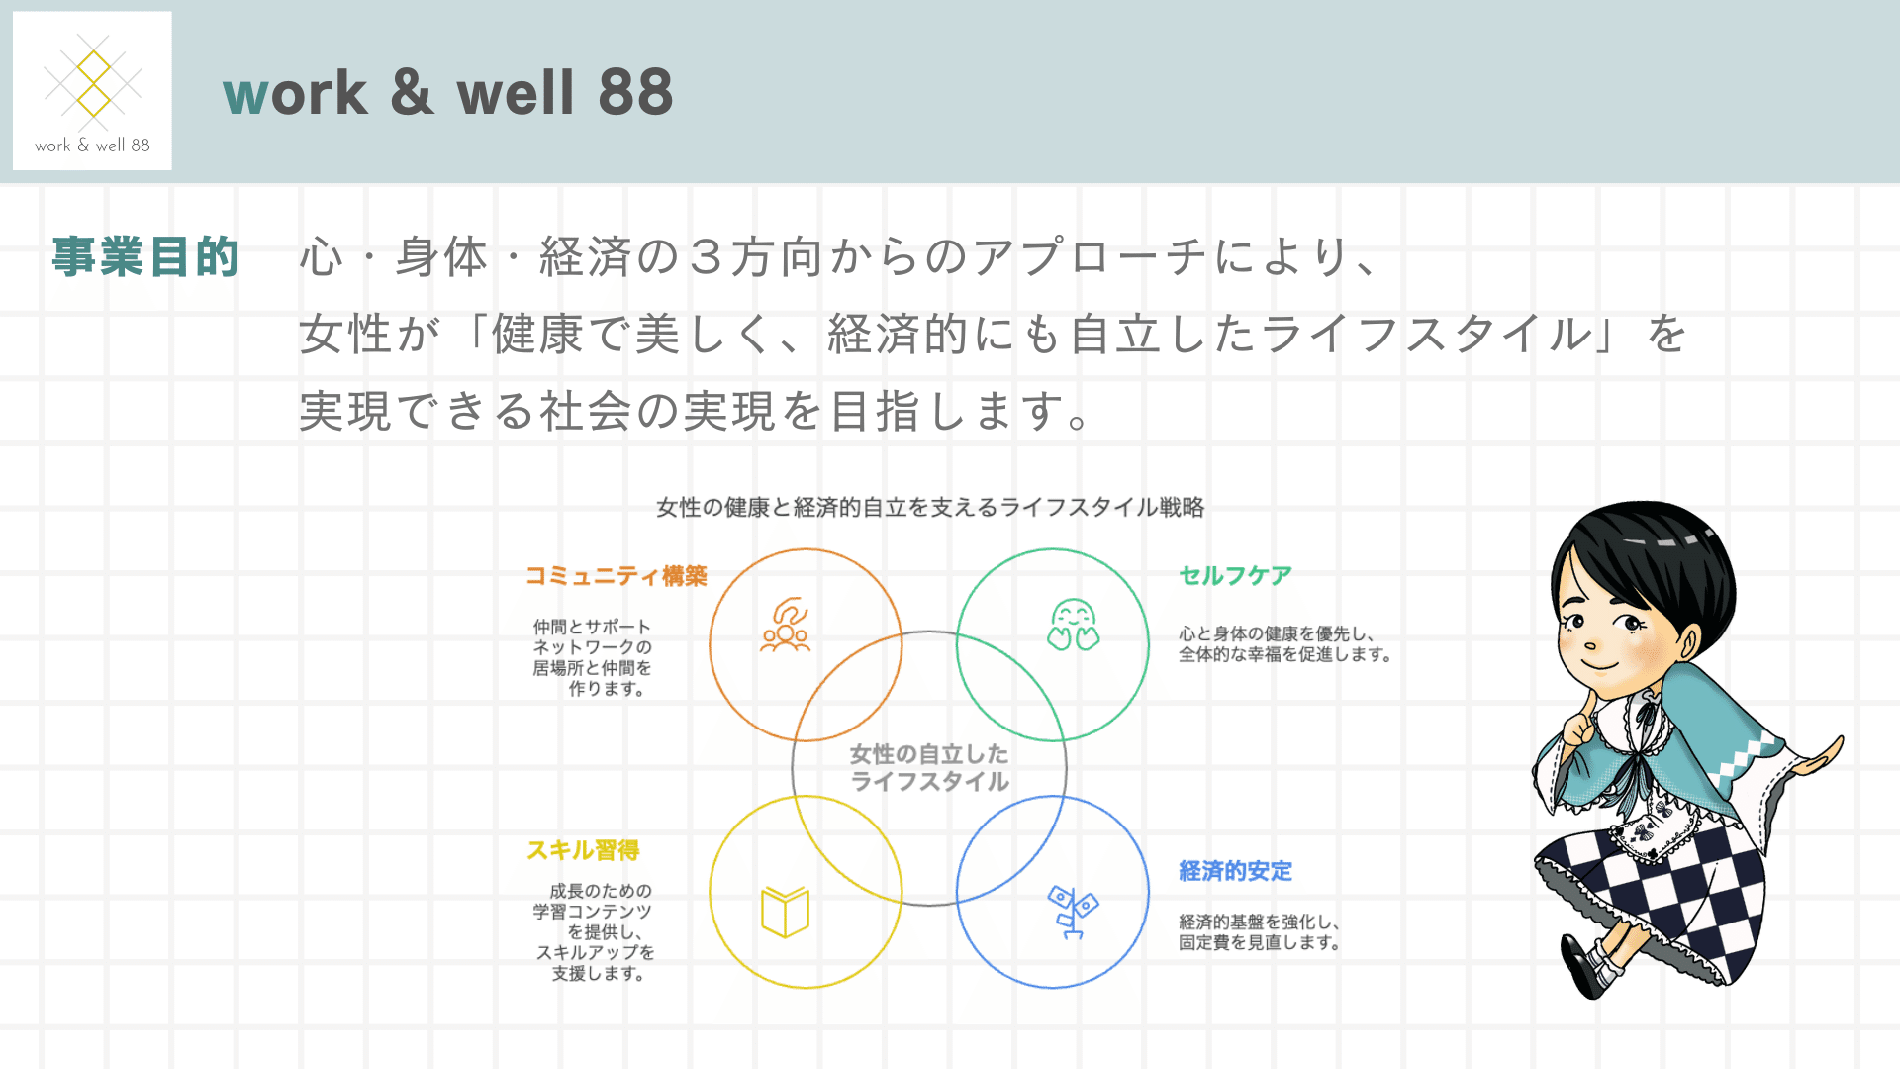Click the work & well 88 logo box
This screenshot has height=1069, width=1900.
[x=92, y=91]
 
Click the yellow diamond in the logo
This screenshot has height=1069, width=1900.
[x=93, y=84]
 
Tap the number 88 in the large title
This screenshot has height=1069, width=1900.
[x=635, y=93]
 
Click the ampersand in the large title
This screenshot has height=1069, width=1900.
[x=412, y=93]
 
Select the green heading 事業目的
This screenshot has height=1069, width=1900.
[x=145, y=256]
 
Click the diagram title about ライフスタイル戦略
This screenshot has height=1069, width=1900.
[x=930, y=507]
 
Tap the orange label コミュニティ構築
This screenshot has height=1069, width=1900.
[x=616, y=576]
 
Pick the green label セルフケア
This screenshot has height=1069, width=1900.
[x=1235, y=575]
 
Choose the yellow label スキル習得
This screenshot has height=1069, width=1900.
[x=583, y=850]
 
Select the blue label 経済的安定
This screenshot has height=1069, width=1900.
[x=1235, y=871]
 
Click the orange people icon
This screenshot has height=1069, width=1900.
[x=785, y=625]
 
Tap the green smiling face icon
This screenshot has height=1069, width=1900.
[x=1074, y=625]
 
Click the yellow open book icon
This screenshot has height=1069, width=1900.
[x=786, y=912]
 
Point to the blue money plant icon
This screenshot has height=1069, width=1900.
[x=1073, y=912]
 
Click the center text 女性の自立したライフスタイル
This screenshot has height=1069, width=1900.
[x=929, y=767]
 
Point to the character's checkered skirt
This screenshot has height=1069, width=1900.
[x=1662, y=891]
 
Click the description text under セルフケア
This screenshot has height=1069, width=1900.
[x=1284, y=643]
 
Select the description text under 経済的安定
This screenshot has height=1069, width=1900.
[x=1259, y=932]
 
